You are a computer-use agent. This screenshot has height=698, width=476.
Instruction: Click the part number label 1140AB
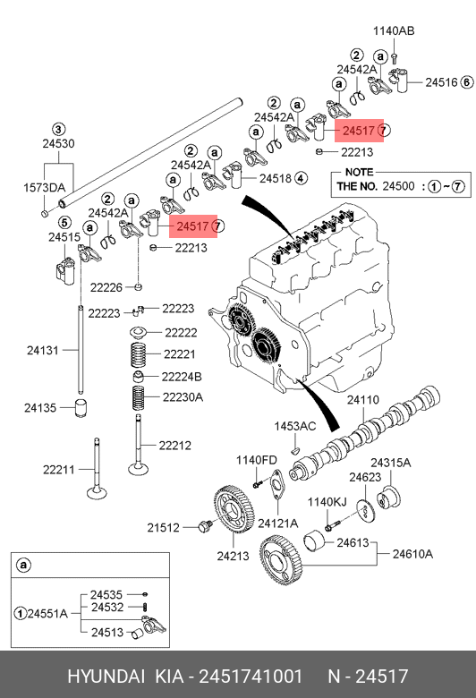[x=394, y=30]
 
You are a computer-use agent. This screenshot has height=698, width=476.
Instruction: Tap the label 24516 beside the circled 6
[x=441, y=82]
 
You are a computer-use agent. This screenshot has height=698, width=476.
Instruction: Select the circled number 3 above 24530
[x=59, y=130]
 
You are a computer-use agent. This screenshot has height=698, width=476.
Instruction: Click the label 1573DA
[x=44, y=188]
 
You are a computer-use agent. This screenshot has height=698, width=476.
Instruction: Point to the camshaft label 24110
[x=363, y=400]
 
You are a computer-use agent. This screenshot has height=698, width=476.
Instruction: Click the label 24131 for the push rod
[x=43, y=350]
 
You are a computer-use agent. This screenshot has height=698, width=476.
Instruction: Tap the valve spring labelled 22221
[x=138, y=354]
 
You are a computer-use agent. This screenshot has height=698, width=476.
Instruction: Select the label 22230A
[x=183, y=396]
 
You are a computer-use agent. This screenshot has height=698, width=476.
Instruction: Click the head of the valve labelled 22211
[x=97, y=493]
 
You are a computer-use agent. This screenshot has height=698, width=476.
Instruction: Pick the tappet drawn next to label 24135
[x=81, y=409]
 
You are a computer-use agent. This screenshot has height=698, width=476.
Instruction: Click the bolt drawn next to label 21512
[x=205, y=526]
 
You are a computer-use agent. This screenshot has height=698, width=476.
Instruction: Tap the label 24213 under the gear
[x=233, y=556]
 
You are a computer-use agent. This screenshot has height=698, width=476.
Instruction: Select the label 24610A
[x=412, y=554]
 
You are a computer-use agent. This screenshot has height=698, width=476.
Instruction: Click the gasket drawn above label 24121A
[x=277, y=483]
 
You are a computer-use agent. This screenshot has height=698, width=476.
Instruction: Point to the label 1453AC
[x=294, y=426]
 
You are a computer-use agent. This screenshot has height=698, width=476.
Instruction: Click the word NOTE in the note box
[x=360, y=173]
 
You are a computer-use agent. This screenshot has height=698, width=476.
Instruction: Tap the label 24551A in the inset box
[x=47, y=613]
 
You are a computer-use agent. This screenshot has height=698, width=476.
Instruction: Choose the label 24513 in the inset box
[x=106, y=632]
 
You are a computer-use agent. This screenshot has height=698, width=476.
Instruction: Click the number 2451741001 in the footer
[x=251, y=677]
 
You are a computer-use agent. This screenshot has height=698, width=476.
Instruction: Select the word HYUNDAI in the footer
[x=106, y=677]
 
